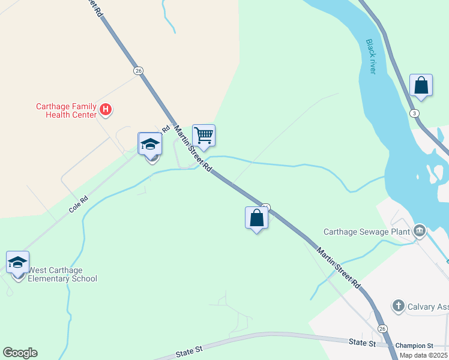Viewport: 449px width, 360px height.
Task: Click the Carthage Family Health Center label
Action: [x=65, y=110]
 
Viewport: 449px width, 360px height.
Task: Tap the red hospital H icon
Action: [x=106, y=109]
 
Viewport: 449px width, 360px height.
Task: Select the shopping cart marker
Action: [x=203, y=136]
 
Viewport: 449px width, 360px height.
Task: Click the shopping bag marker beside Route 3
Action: [x=421, y=85]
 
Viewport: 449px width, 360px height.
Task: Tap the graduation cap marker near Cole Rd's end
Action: [x=149, y=144]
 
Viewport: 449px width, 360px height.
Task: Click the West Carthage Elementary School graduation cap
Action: [x=17, y=262]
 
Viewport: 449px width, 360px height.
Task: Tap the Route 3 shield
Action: [x=414, y=113]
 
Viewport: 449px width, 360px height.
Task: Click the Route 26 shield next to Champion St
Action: [x=382, y=328]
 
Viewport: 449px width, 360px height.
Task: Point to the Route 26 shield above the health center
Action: [x=139, y=71]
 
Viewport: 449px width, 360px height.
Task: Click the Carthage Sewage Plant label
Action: [x=366, y=232]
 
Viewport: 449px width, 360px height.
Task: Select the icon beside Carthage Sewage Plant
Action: [x=419, y=230]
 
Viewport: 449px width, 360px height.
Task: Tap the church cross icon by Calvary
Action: [x=397, y=306]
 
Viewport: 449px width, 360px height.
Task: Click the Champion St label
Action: [x=414, y=346]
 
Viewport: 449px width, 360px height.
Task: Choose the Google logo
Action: [x=20, y=353]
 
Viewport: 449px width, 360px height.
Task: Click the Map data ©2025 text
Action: [x=423, y=355]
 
